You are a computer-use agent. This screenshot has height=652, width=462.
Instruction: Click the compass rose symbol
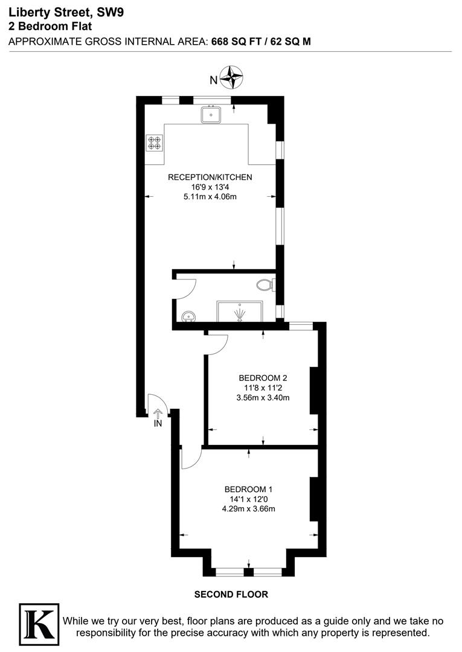click(x=231, y=77)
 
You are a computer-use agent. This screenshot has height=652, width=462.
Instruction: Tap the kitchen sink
click(x=211, y=113)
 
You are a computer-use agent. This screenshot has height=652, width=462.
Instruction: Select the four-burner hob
click(x=154, y=142)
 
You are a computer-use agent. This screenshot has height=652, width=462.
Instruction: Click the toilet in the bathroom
click(x=265, y=284)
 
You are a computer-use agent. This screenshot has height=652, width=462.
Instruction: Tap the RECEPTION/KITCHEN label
click(x=210, y=177)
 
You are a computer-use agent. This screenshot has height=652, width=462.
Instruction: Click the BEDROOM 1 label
click(x=248, y=489)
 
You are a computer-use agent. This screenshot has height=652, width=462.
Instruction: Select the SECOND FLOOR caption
click(x=231, y=595)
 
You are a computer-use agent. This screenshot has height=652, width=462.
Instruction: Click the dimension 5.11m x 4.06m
click(x=210, y=196)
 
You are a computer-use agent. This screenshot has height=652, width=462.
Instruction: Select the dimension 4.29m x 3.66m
click(x=248, y=508)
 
